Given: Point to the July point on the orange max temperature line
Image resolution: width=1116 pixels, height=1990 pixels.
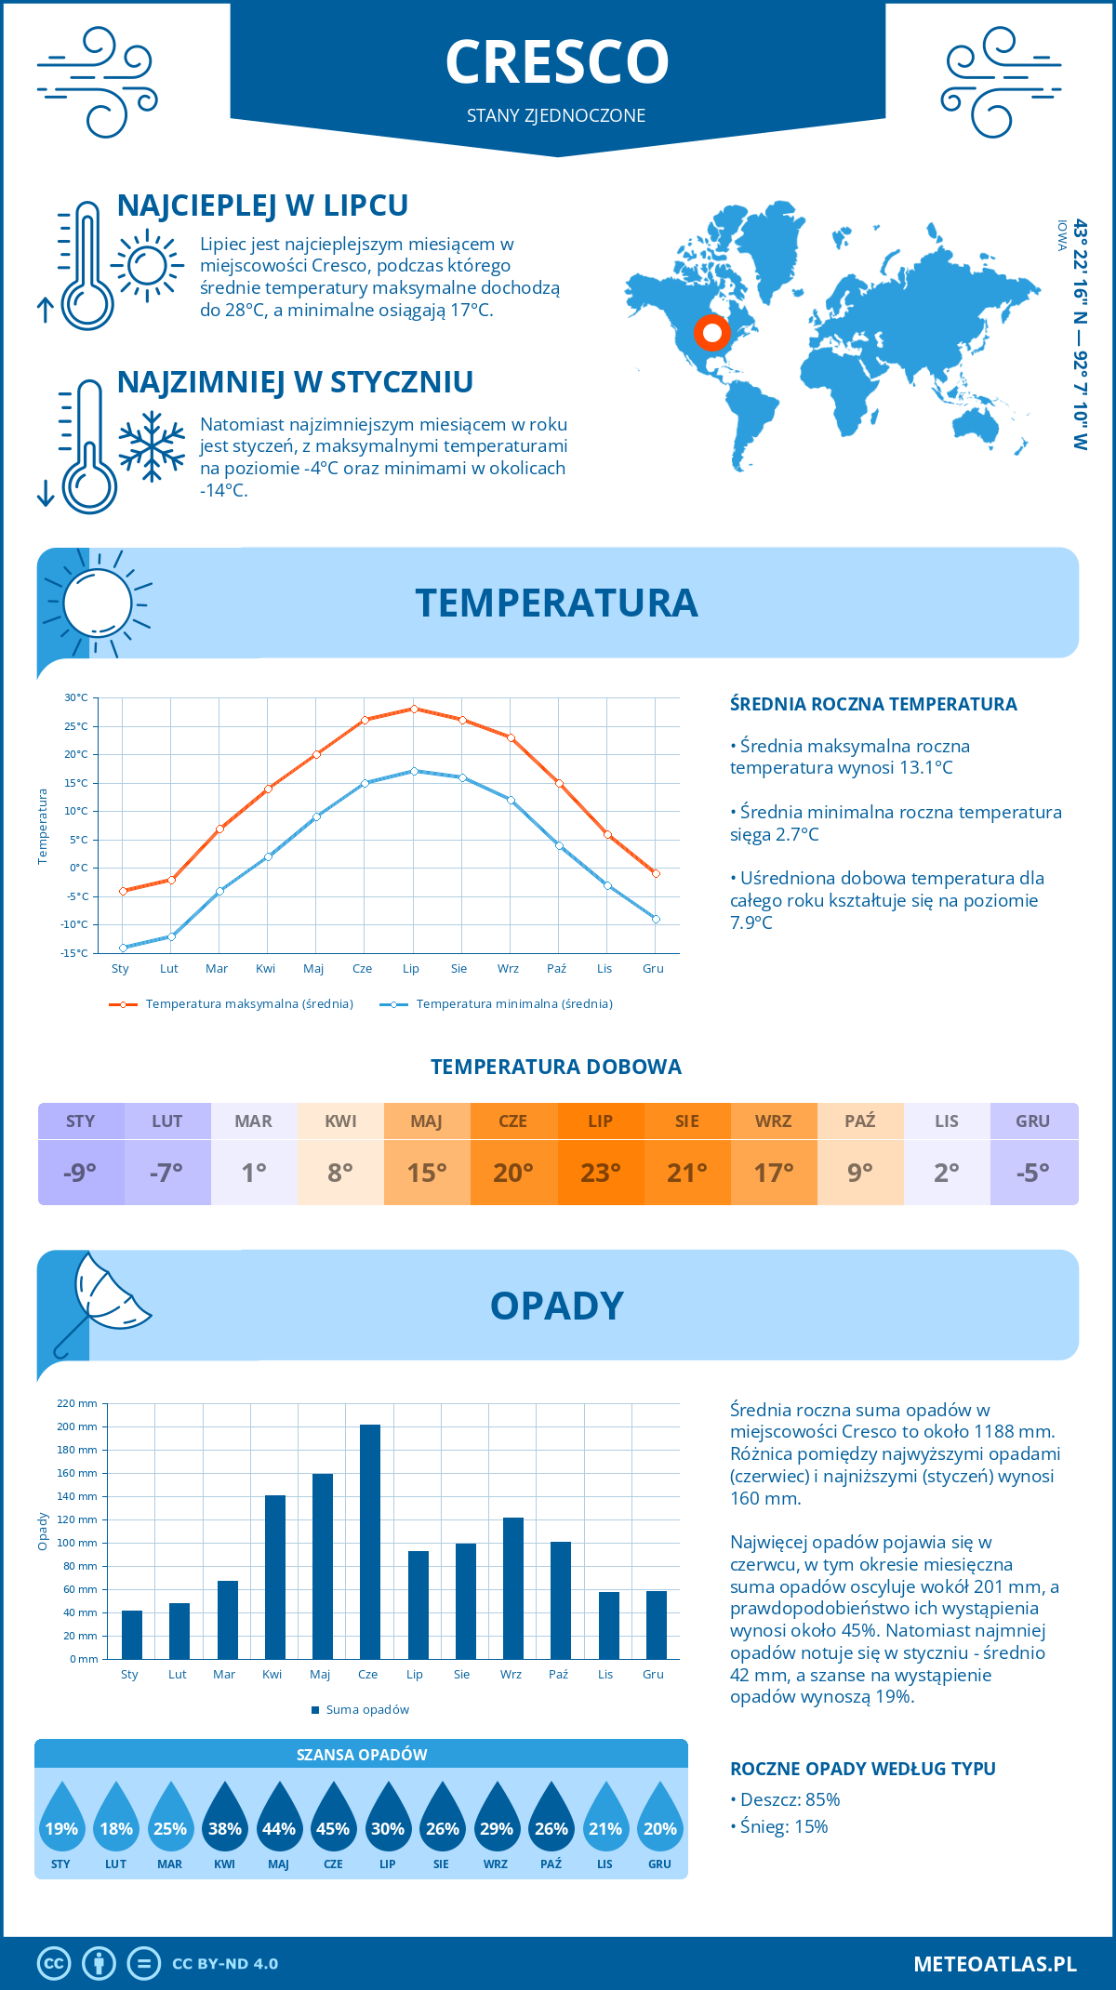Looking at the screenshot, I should tap(414, 709).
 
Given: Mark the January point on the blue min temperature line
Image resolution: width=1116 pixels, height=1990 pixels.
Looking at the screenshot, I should tap(123, 948).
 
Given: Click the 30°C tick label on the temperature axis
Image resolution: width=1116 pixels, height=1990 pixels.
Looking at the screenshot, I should tap(76, 697).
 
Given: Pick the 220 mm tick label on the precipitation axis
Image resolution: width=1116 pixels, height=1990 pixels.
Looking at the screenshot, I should tap(77, 1403).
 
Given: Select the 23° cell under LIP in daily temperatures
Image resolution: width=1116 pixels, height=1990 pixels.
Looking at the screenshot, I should tap(600, 1173).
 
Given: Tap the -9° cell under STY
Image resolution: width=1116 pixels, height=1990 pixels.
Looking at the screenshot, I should tap(81, 1173).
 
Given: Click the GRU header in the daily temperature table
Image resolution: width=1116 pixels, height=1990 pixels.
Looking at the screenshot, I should tap(1033, 1121).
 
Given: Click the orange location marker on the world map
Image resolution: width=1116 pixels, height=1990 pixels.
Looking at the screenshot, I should tap(712, 332).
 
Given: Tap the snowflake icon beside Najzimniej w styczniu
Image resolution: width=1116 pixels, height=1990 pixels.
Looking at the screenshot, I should tap(152, 446).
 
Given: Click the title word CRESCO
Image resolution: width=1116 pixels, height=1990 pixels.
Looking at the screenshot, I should tap(557, 62).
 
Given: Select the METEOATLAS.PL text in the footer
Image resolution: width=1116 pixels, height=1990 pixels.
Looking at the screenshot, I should tap(995, 1963).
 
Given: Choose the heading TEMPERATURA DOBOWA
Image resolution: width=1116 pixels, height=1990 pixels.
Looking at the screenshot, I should tap(556, 1067).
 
